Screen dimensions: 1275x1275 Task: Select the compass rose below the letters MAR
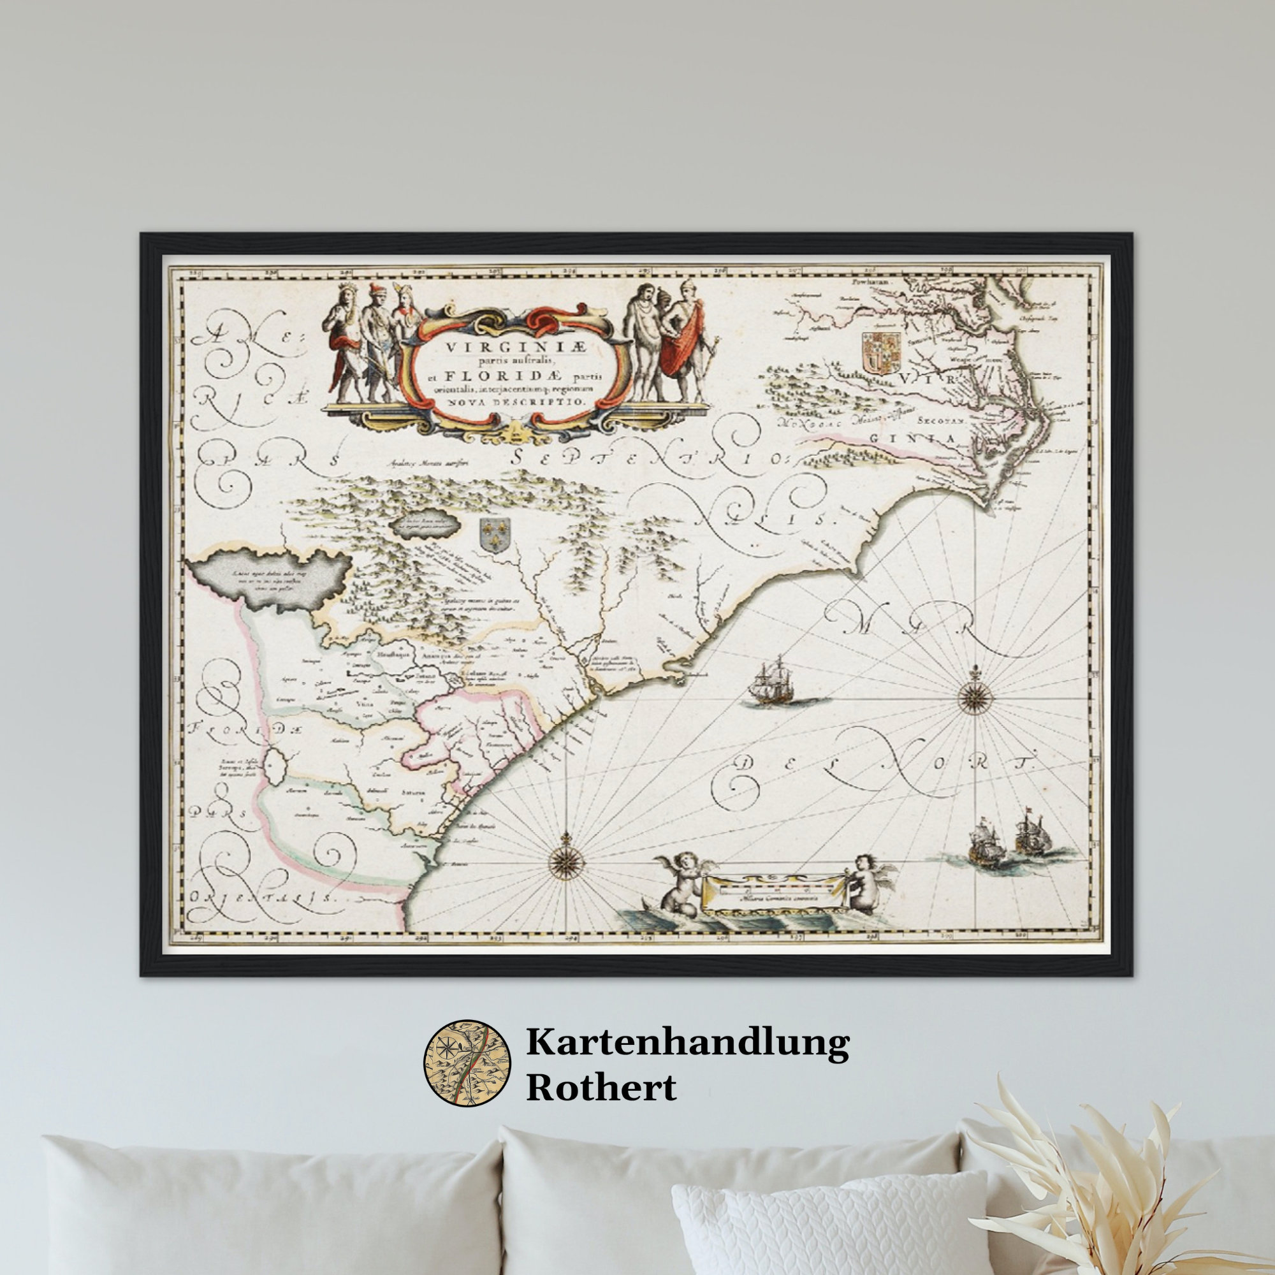[x=971, y=696]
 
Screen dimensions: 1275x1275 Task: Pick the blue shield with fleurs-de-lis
[x=492, y=535]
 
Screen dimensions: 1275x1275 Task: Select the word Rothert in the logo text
[x=601, y=1087]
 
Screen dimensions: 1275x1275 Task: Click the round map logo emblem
[x=467, y=1063]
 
